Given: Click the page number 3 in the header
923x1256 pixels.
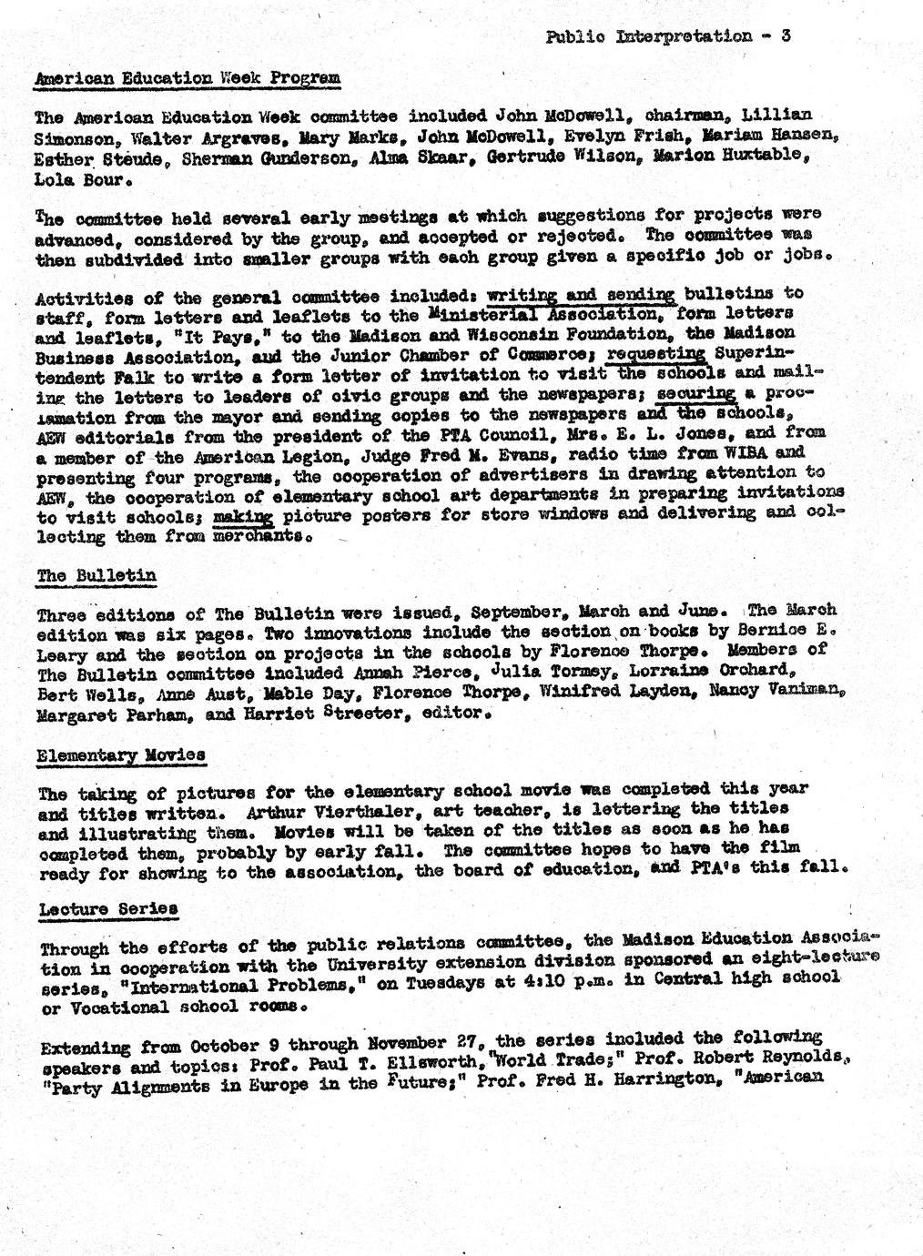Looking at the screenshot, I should click(x=785, y=36).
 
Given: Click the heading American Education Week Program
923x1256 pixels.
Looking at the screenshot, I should click(x=187, y=78).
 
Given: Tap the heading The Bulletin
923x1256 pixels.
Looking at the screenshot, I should click(x=96, y=575).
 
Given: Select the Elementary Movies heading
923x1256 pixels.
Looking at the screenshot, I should click(x=121, y=755).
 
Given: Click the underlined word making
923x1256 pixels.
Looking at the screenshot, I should click(x=243, y=516).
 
